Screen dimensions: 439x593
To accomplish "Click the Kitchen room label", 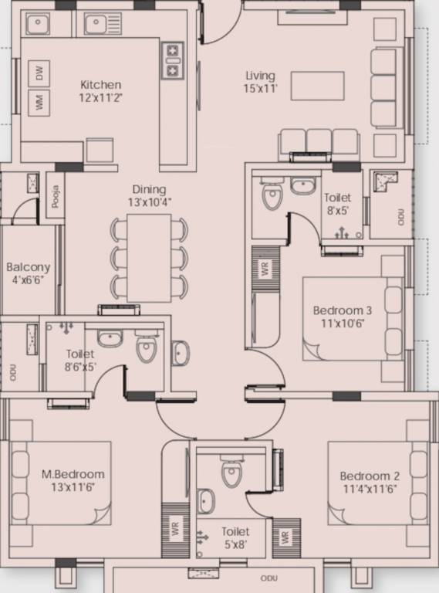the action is [100, 84].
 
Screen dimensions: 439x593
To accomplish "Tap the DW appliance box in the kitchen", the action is [39, 73].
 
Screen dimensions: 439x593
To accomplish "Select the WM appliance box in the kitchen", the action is [39, 103].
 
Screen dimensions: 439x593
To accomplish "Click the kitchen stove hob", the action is [173, 60].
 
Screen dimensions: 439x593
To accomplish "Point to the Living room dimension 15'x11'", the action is [260, 89].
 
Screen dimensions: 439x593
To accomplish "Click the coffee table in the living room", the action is [317, 86].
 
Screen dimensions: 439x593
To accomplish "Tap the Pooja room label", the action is [56, 196].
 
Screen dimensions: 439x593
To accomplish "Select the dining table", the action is [149, 258].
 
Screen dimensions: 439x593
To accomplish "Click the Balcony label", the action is [29, 267].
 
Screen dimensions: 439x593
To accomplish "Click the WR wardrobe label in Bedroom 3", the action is [265, 268].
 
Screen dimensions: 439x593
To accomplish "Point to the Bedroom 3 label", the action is [343, 310].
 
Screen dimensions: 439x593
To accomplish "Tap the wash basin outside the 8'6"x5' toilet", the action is [181, 353].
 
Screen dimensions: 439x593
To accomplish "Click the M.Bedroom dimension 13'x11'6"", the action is [73, 487].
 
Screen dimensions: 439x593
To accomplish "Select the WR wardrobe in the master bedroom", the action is [175, 530].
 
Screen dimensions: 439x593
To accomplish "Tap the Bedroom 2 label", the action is [370, 476].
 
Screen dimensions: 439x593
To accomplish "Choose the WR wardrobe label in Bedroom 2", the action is [286, 537].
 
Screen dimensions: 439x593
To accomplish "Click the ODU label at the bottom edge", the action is [269, 578].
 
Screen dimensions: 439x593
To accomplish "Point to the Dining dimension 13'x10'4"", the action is [149, 202].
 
